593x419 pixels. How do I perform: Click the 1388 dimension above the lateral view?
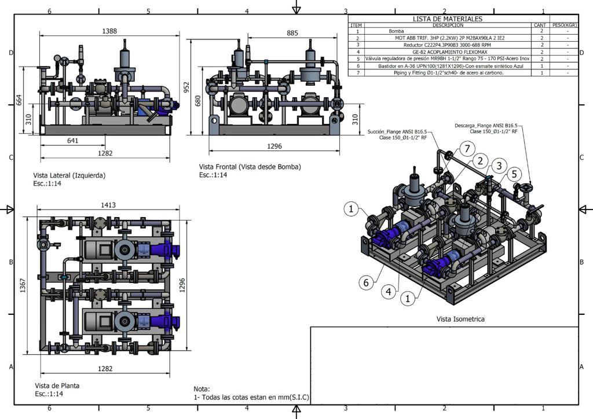(x=109, y=31)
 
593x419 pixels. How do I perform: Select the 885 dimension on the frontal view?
(x=292, y=33)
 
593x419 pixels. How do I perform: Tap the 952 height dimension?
(x=186, y=87)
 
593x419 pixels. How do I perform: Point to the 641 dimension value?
(x=72, y=141)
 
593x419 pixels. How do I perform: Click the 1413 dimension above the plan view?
(x=108, y=205)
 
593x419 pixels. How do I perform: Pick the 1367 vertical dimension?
(x=23, y=285)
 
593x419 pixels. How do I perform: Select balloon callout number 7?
(x=467, y=149)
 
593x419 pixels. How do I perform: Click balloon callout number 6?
(x=366, y=282)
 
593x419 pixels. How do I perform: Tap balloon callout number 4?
(x=389, y=291)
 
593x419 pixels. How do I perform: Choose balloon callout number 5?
(x=514, y=174)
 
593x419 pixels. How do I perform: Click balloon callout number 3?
(x=499, y=166)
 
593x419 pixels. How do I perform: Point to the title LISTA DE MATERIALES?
(x=448, y=19)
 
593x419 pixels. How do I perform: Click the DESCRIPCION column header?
(x=448, y=25)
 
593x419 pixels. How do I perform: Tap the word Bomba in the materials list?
(x=396, y=31)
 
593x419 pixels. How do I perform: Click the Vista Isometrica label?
(x=460, y=319)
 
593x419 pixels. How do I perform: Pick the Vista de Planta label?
(x=57, y=386)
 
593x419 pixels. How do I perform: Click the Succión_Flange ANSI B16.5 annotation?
(x=397, y=131)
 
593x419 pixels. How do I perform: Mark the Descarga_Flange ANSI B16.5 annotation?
(x=486, y=126)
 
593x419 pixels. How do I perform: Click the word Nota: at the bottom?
(x=202, y=389)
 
